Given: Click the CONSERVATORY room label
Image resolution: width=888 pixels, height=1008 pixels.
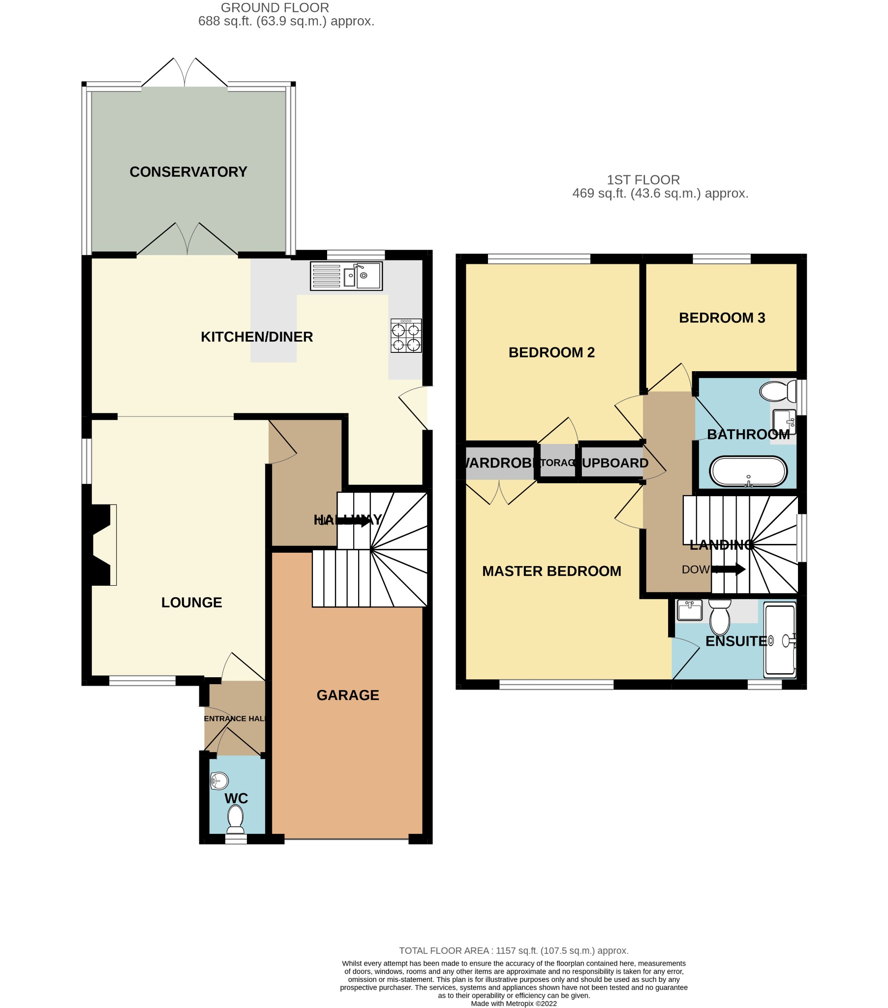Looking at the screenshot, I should pos(188,172).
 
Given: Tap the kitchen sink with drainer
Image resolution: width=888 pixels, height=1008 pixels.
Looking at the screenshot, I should pos(346,276).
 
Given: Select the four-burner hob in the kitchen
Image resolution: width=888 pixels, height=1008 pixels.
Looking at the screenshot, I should pos(406,336).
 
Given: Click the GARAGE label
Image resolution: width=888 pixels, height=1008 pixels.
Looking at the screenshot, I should pos(348,695).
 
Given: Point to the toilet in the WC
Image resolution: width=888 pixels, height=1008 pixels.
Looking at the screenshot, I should pos(236,819).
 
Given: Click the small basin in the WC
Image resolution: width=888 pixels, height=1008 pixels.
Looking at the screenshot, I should pos(219,781).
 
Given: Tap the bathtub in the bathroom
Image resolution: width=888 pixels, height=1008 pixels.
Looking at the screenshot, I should pos(748,472).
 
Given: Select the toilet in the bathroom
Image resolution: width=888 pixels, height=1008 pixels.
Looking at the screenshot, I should pos(777,391).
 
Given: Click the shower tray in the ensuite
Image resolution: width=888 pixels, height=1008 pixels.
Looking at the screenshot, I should pos(780,641).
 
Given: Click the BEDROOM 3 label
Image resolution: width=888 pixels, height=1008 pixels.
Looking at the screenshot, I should pos(722,317).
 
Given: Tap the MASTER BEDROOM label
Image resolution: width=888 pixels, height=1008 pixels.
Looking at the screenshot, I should pos(551,571).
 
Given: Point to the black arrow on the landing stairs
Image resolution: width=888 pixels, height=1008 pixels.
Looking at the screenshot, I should pos(729,569).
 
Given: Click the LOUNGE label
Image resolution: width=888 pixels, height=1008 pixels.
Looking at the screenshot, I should pos(191,602).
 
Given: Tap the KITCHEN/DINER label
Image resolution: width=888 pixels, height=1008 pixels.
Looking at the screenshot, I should pos(256,337).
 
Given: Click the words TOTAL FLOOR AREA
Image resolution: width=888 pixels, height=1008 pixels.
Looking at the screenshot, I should pos(443,950).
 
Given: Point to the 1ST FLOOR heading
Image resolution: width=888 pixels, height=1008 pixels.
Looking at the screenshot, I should pos(643,180).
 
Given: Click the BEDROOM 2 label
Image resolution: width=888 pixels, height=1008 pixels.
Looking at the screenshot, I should pos(551,352).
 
